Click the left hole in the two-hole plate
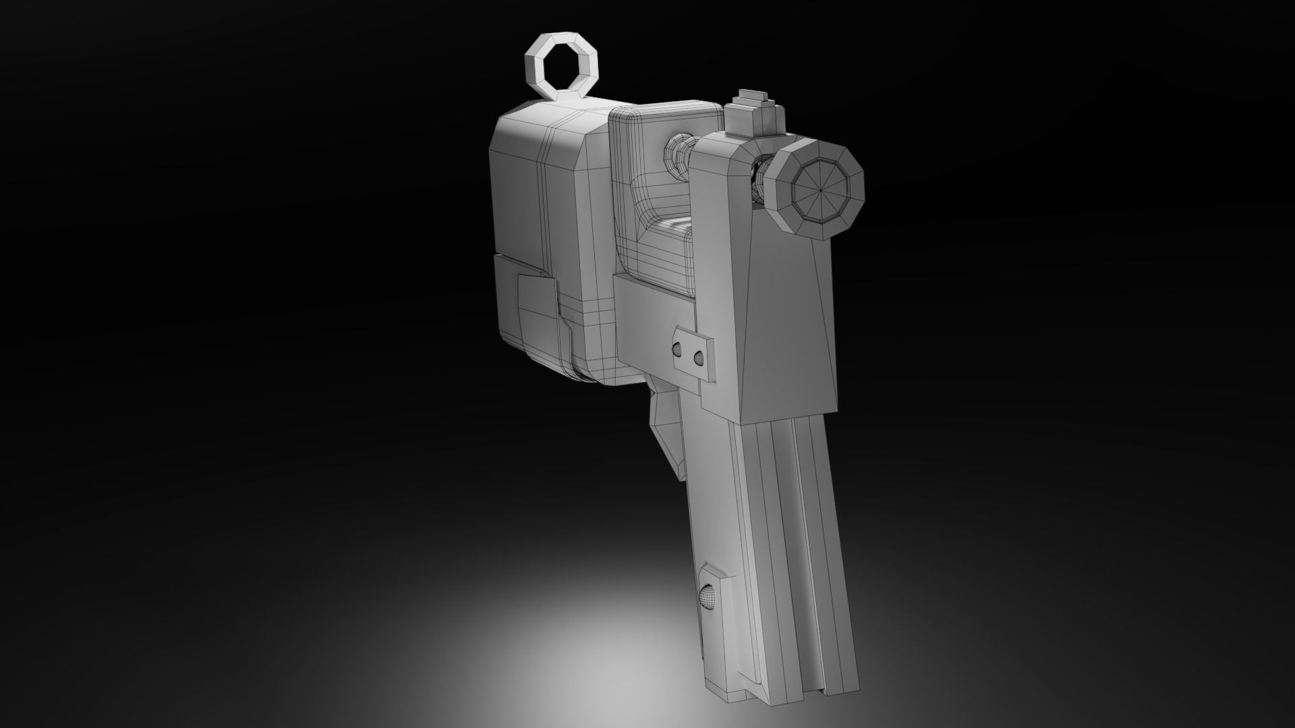(x=677, y=349)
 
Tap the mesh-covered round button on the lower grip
(x=706, y=597)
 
